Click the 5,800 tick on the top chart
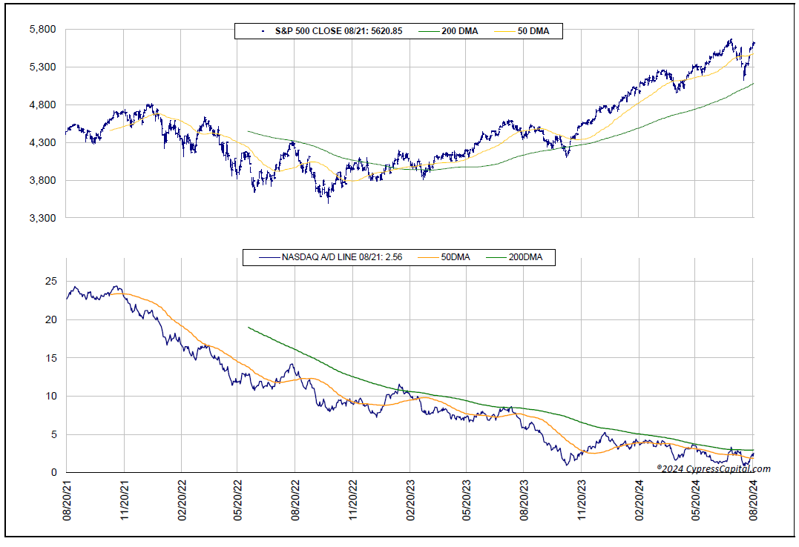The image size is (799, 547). coord(43,29)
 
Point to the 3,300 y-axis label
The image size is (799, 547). coord(43,218)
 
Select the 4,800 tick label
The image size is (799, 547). coord(43,105)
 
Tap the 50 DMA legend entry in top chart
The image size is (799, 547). coord(529,31)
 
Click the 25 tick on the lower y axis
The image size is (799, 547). coord(50,282)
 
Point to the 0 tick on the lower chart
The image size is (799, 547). coord(53,472)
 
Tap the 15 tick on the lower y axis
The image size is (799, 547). coord(50,358)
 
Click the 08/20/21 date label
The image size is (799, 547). coord(66,503)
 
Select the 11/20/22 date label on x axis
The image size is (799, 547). coord(352,503)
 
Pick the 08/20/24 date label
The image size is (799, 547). coord(754,503)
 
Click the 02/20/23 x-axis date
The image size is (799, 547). coord(410,503)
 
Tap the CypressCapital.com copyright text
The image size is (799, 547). coord(713,468)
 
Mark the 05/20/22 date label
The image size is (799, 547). coord(237,503)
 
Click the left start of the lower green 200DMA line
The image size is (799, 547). coord(249,327)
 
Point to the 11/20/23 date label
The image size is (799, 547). coord(582,503)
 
